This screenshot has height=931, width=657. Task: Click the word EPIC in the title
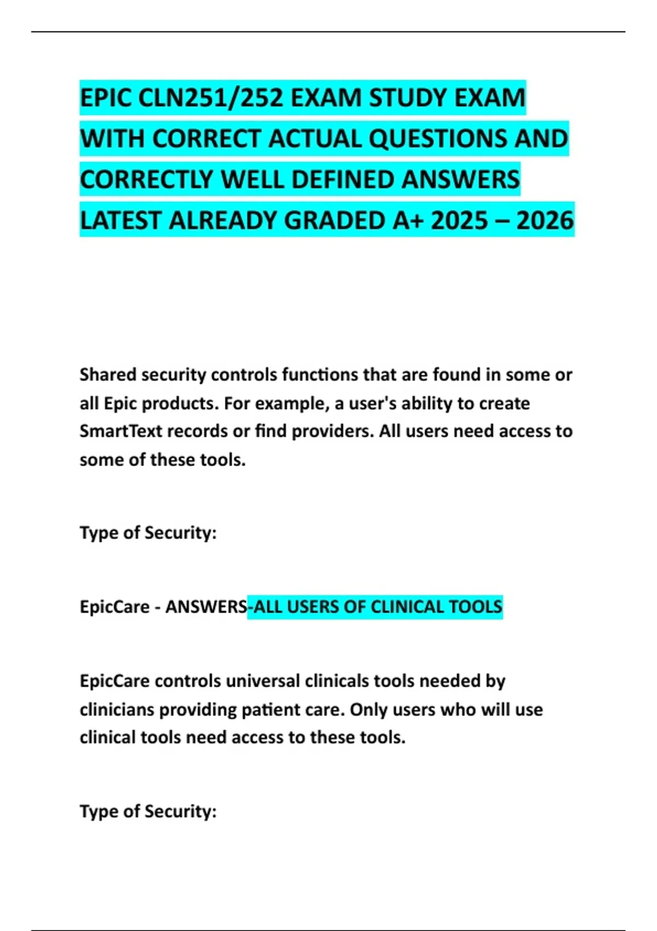tap(106, 99)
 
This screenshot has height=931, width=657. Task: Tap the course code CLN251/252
tap(211, 99)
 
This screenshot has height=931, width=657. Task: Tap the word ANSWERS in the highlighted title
tap(460, 180)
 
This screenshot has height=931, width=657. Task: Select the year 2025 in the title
tap(459, 221)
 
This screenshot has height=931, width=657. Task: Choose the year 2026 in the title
tap(545, 221)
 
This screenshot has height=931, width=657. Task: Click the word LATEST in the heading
tap(121, 221)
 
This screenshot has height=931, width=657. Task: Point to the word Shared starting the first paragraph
tap(107, 375)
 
